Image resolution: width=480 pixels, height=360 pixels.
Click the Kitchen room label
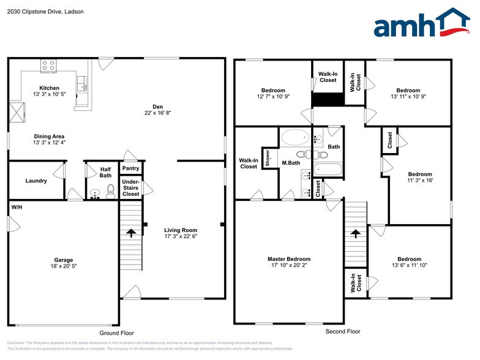(x=49, y=88)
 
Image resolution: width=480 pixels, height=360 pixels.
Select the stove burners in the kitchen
(x=48, y=64)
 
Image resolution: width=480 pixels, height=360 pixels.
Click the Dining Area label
(x=49, y=136)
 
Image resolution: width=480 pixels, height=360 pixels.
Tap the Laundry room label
(x=36, y=181)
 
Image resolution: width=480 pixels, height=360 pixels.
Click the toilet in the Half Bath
(x=110, y=192)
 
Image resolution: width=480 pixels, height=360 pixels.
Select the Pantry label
(x=130, y=168)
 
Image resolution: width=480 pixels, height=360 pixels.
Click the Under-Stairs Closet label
(x=130, y=187)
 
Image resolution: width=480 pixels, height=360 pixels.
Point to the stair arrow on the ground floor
(x=130, y=233)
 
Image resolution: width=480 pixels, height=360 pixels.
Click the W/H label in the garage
(x=17, y=208)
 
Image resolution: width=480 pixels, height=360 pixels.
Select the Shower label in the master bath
(x=268, y=158)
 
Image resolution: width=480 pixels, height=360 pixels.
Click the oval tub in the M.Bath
(x=296, y=137)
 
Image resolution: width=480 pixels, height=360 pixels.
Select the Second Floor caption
(x=343, y=331)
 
